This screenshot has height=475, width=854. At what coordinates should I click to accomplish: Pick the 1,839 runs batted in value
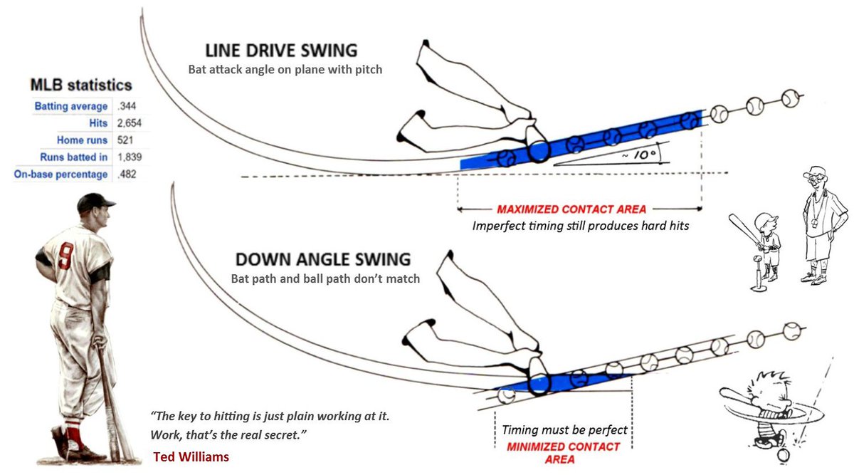130,157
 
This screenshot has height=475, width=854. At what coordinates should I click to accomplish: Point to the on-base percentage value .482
127,174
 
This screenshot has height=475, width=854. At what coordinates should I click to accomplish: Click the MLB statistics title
80,85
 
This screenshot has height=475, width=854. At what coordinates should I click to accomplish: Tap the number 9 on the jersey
65,256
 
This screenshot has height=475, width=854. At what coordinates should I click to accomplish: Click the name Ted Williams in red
191,456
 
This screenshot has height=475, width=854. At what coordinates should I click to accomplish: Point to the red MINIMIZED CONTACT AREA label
563,453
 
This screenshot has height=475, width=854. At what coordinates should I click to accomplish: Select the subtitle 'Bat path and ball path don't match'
325,278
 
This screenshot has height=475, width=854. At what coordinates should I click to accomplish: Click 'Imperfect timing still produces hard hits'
581,226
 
